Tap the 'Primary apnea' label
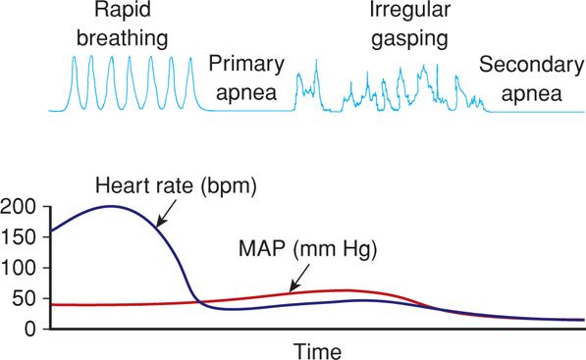(246, 79)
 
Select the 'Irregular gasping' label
(403, 26)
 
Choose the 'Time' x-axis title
(319, 349)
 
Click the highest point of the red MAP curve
(344, 290)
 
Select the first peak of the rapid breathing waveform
(74, 57)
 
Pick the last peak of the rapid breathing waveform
(191, 57)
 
